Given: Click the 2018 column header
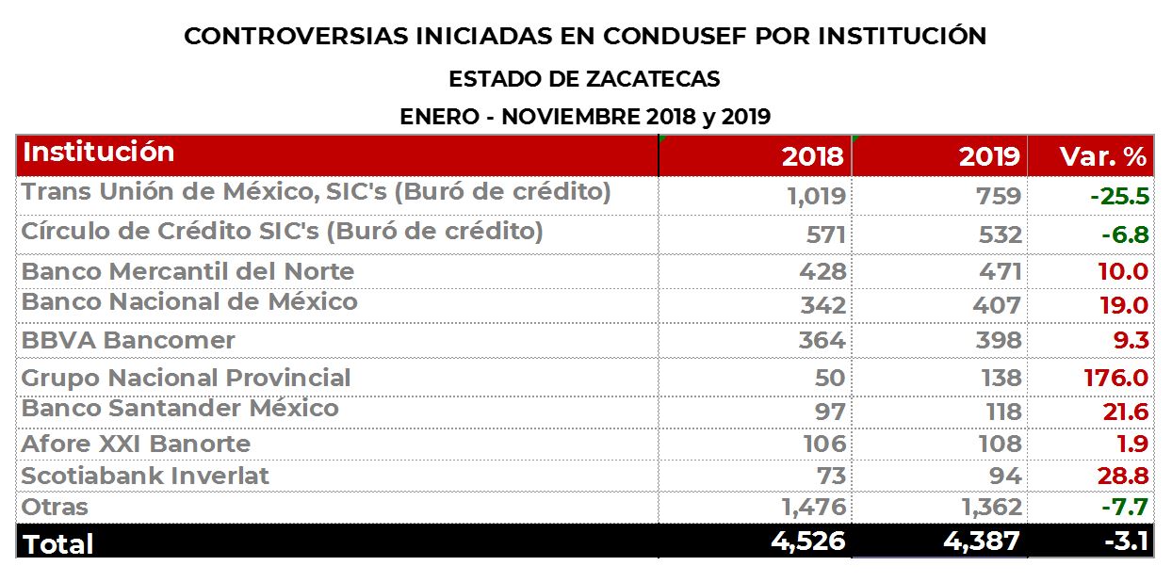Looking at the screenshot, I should pyautogui.click(x=812, y=156).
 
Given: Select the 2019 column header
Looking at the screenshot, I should pyautogui.click(x=989, y=156).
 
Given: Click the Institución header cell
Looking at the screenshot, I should pyautogui.click(x=98, y=153).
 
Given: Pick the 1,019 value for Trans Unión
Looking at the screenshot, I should pyautogui.click(x=816, y=197).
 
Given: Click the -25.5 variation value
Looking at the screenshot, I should pyautogui.click(x=1119, y=197).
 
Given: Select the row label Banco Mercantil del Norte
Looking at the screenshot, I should pyautogui.click(x=187, y=272).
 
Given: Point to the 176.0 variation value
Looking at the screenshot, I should pyautogui.click(x=1116, y=379).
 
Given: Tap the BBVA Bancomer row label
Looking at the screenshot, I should pyautogui.click(x=128, y=340).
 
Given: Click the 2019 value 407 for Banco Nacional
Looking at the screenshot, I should pyautogui.click(x=998, y=306).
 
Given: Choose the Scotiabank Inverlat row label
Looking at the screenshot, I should pyautogui.click(x=145, y=477).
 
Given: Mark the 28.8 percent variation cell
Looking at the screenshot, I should pyautogui.click(x=1122, y=477).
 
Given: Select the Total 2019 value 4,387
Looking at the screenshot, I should pyautogui.click(x=983, y=542).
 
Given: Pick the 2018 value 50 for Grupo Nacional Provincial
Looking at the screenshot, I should pyautogui.click(x=830, y=379).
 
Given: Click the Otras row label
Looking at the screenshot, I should pyautogui.click(x=55, y=508).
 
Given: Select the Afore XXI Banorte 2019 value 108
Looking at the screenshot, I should pyautogui.click(x=998, y=444).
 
